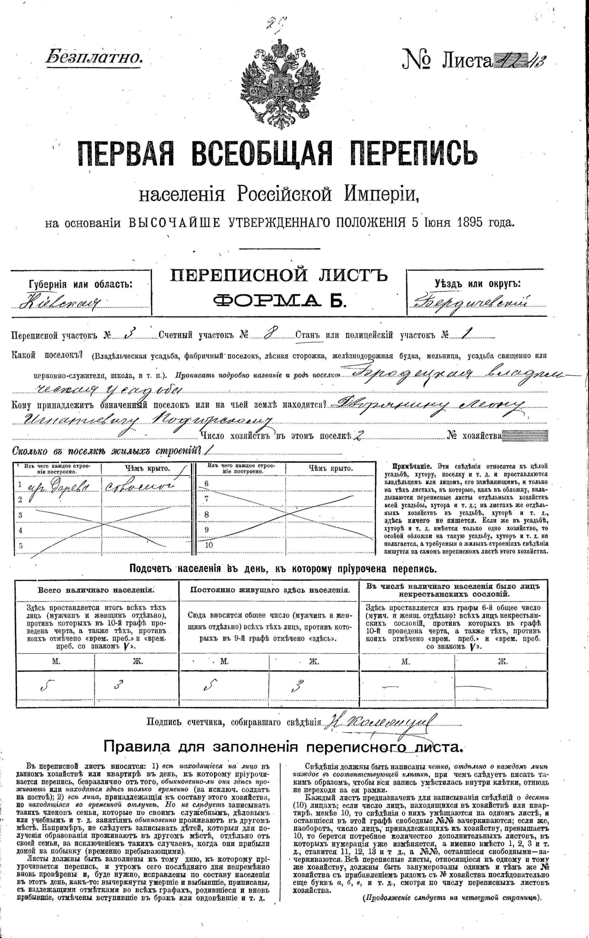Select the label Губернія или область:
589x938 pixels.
tap(81, 285)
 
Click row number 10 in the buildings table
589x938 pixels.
tap(209, 545)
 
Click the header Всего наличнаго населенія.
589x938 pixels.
tap(96, 590)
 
